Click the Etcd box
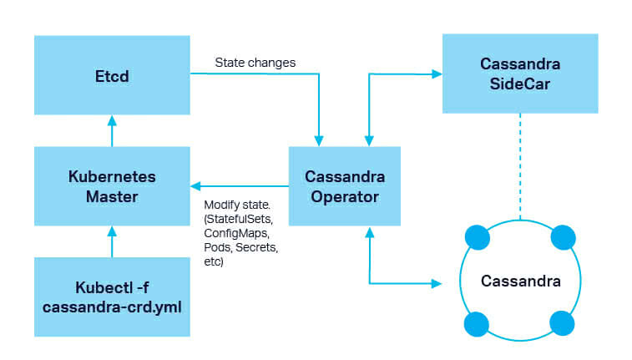(112, 74)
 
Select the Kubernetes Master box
(112, 186)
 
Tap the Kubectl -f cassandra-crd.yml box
(112, 297)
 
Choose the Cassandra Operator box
(344, 186)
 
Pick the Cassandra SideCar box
(519, 73)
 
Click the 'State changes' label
(255, 63)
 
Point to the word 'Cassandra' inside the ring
(519, 281)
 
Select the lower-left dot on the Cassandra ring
(476, 323)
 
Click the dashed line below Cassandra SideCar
(519, 167)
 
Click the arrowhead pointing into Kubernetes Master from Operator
(195, 186)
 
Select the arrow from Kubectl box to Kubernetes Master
(112, 241)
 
